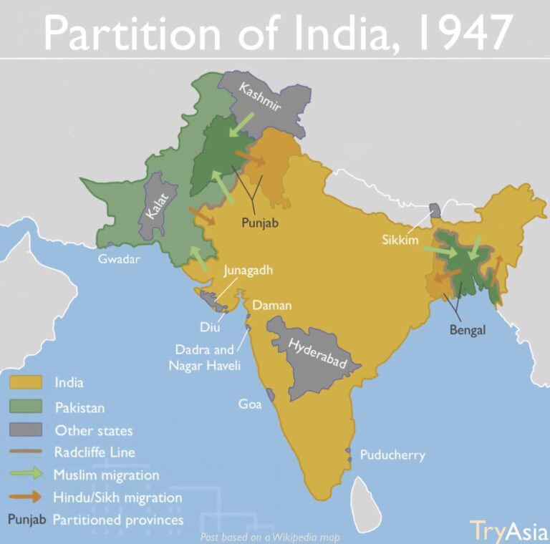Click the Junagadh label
tap(249, 271)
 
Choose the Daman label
tap(271, 305)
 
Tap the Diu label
tap(209, 327)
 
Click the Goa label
tap(250, 404)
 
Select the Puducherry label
tap(392, 455)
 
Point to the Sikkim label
tap(400, 239)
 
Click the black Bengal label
tap(468, 330)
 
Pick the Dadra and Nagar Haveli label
tap(206, 358)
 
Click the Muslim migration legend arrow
tap(28, 475)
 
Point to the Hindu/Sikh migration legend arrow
tap(28, 497)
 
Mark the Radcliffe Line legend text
tap(95, 452)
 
